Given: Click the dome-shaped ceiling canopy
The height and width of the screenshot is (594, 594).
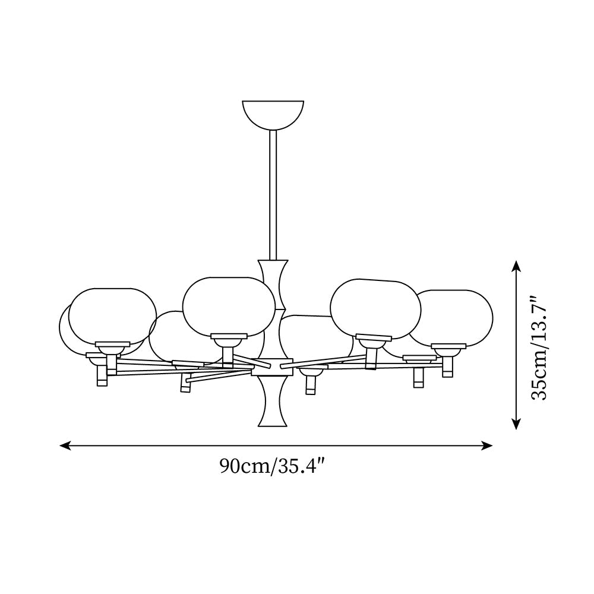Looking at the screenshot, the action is (273, 113).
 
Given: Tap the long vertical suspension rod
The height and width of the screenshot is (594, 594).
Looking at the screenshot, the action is (273, 195).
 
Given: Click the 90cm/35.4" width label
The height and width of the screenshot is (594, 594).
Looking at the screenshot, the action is (273, 466).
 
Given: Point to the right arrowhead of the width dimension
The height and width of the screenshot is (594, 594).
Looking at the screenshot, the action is (487, 445).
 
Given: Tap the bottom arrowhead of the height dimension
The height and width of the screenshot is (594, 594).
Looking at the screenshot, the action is (516, 424).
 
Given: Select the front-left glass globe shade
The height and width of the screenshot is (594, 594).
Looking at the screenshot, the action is (113, 316).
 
